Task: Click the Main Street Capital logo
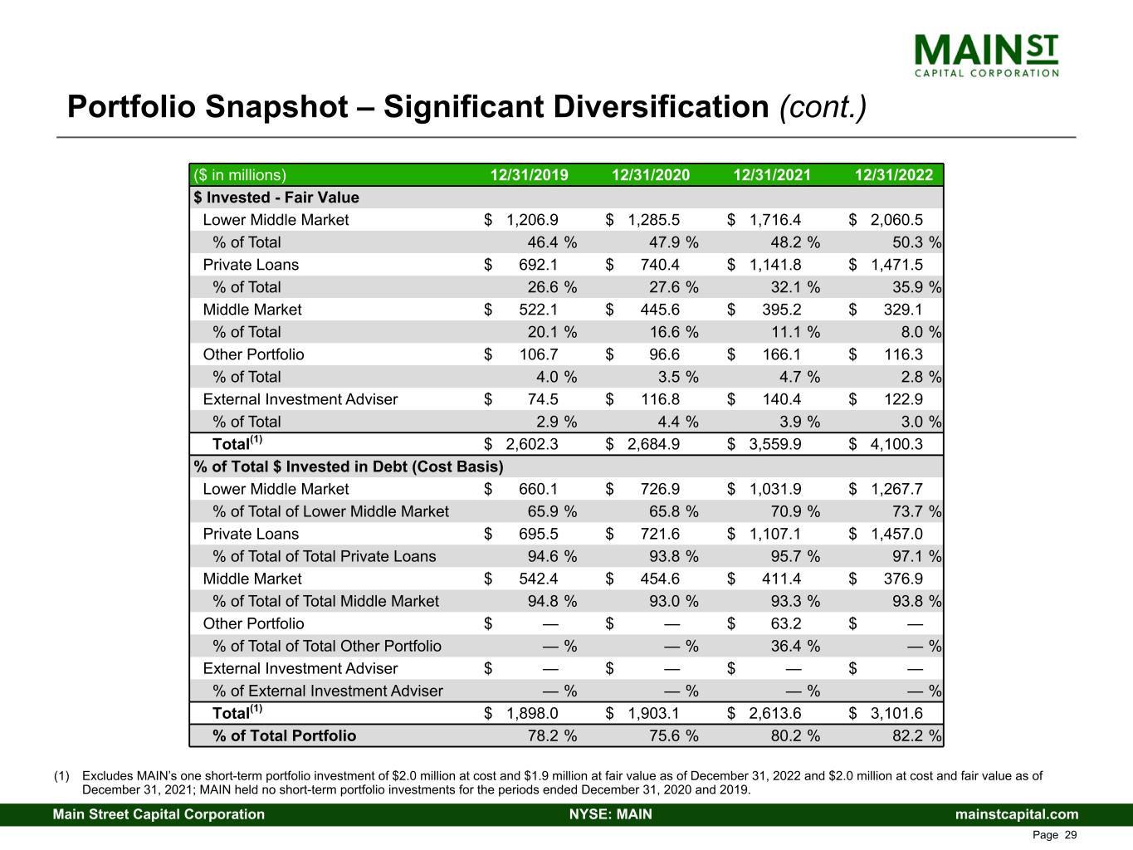coord(986,55)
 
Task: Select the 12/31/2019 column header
coord(529,175)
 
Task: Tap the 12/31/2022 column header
coord(894,175)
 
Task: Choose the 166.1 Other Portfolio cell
coord(781,354)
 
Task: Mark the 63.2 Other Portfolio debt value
coord(783,623)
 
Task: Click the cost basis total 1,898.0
coord(532,713)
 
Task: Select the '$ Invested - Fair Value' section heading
coord(276,198)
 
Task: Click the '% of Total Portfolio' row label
coord(284,735)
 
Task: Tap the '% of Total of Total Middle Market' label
coord(325,601)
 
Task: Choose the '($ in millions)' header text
coord(240,175)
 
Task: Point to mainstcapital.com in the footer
coord(1017,814)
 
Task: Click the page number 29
coord(1070,835)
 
